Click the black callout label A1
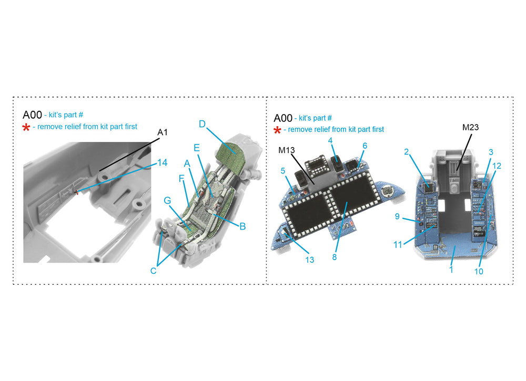(163, 132)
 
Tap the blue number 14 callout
(163, 163)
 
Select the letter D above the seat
(202, 125)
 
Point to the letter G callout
(167, 201)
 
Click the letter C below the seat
(153, 271)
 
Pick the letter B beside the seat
(242, 226)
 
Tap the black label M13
(287, 150)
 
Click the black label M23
(470, 127)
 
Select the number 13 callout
(309, 260)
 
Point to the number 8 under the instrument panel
(335, 258)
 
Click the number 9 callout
(397, 217)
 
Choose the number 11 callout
(398, 245)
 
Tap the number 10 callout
(479, 271)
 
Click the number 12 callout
(497, 166)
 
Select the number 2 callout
(407, 152)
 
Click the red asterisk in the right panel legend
(277, 130)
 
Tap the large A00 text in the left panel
(32, 115)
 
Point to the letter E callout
(197, 148)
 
